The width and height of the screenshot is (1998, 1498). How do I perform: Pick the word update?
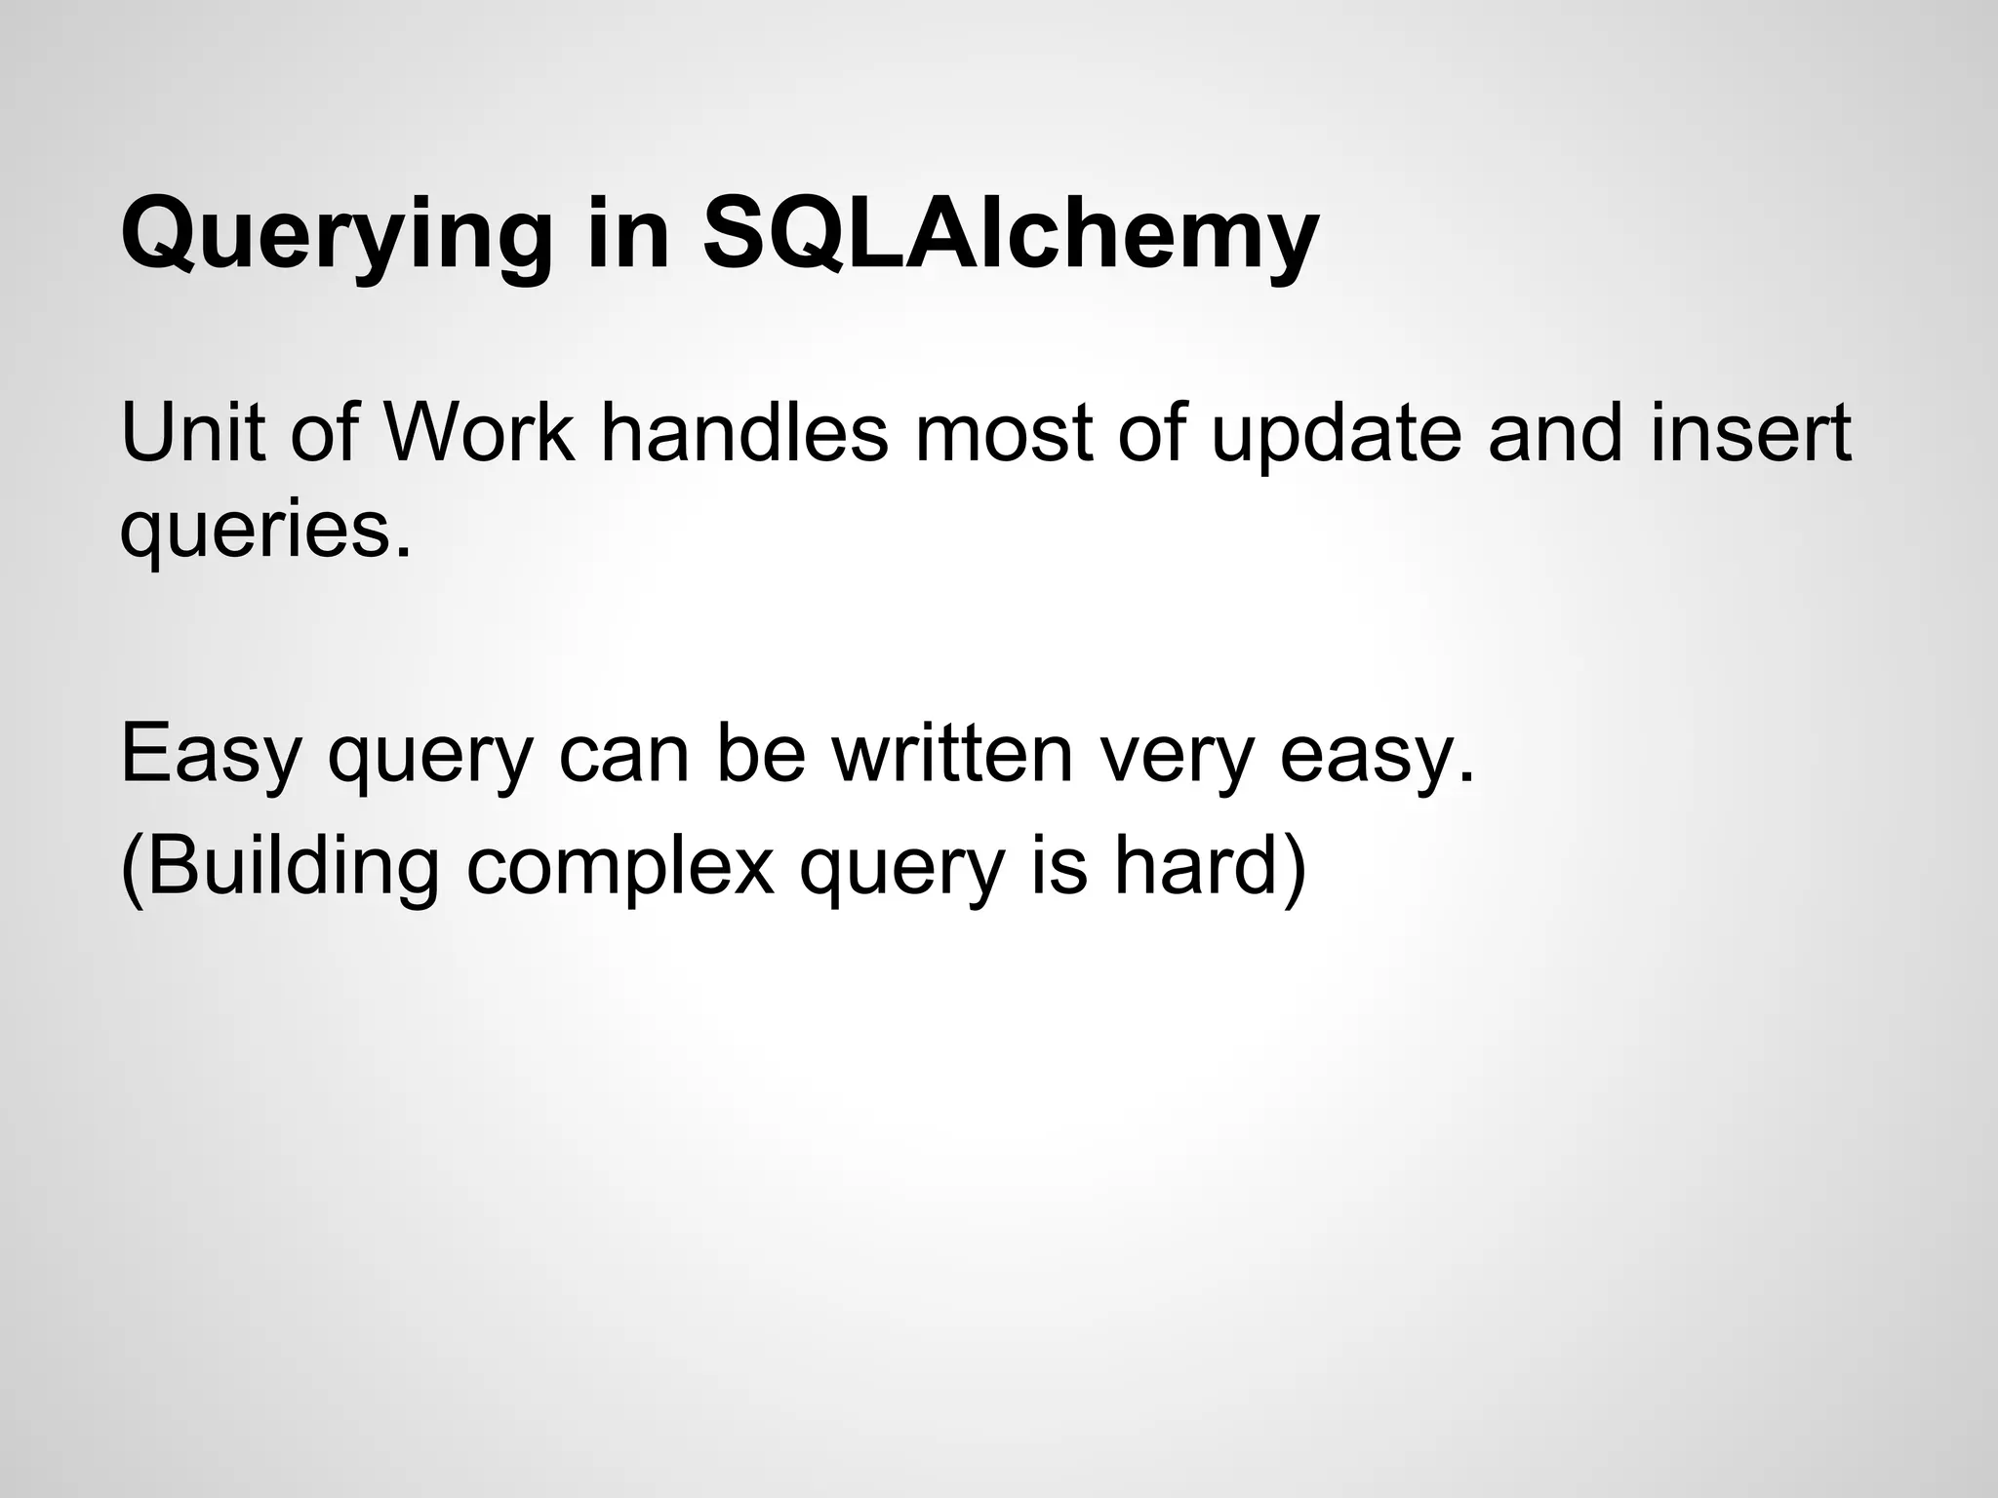tap(1336, 434)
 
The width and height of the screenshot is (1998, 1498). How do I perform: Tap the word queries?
tap(263, 532)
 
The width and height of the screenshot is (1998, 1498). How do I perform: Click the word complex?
tap(620, 868)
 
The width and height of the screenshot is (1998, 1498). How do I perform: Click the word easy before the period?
tap(1366, 755)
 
